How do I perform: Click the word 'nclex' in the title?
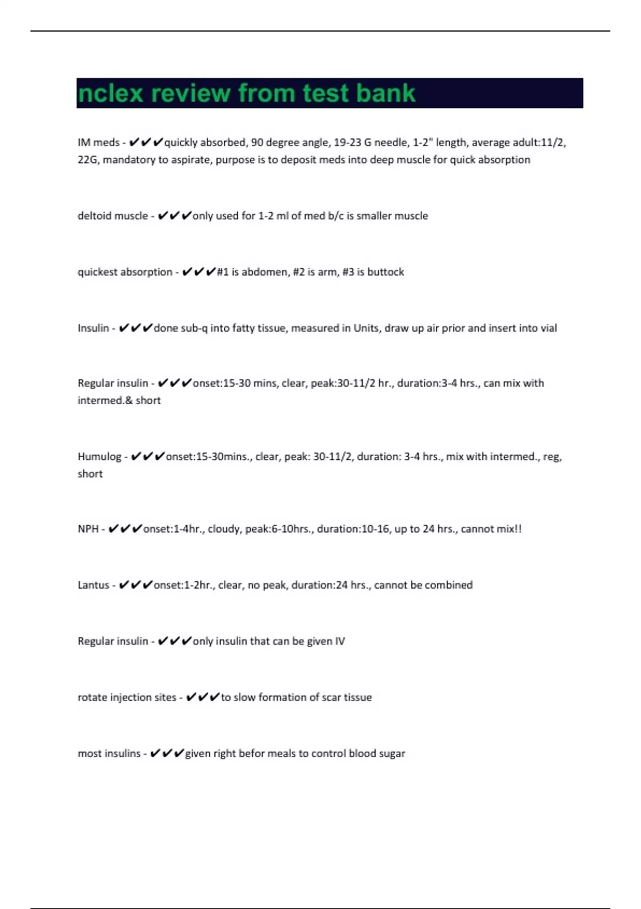tap(111, 94)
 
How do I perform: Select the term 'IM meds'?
tap(98, 142)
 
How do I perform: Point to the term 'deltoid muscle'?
tap(113, 215)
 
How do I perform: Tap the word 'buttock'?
tap(385, 272)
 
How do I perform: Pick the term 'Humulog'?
tap(99, 456)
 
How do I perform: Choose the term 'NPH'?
tap(88, 529)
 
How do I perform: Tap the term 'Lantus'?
tap(93, 585)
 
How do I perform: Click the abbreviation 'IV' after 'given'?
tap(340, 641)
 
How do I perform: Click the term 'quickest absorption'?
tap(125, 272)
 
